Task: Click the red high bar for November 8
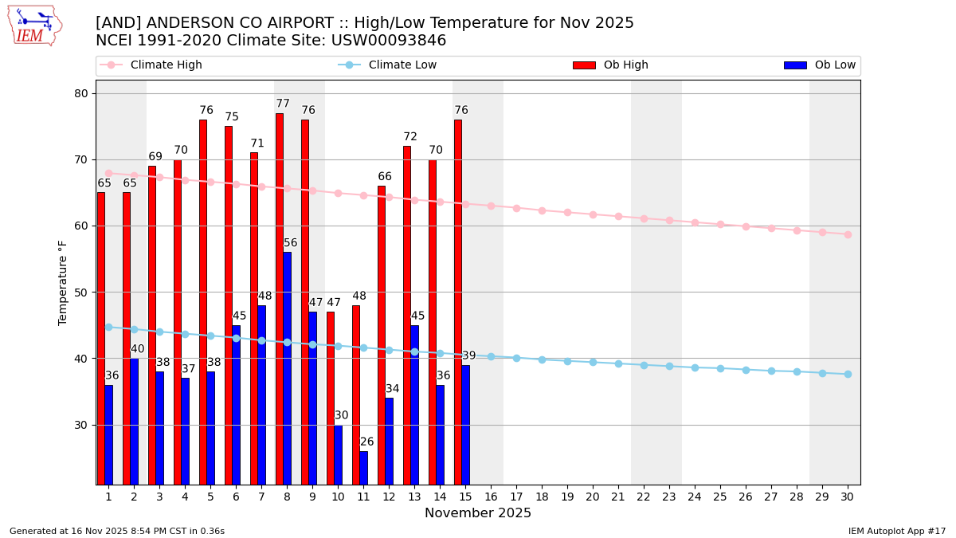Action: point(280,299)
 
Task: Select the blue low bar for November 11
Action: point(364,468)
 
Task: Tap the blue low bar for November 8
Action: point(287,368)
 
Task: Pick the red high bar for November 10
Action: point(331,398)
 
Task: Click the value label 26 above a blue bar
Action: point(366,442)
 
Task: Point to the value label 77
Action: point(283,104)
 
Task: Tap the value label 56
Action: point(291,243)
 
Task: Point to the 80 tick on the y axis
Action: point(81,93)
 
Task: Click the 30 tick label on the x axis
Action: point(848,497)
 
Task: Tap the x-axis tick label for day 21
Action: point(618,497)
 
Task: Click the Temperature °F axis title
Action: point(63,282)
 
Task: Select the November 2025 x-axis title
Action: point(478,513)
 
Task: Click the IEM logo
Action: point(34,26)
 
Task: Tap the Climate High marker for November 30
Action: point(848,234)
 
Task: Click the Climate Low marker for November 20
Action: point(593,362)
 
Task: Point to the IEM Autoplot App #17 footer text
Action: point(897,531)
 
